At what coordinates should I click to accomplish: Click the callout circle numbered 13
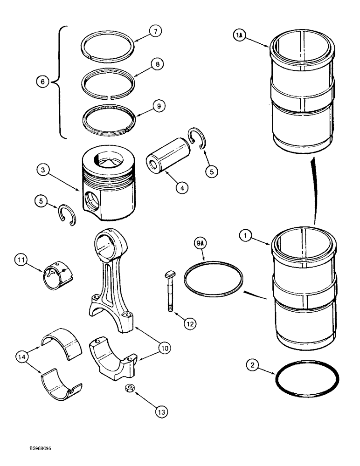coord(159,411)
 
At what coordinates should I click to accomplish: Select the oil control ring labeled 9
coord(108,125)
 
